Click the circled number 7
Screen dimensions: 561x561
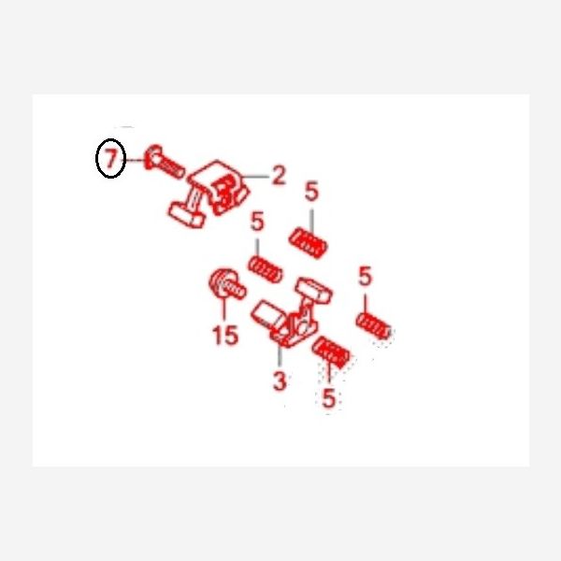click(111, 158)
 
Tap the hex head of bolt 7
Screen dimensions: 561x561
click(152, 157)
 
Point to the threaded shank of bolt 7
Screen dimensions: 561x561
click(172, 167)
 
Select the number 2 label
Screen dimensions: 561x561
click(279, 176)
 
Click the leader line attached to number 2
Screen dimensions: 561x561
click(256, 177)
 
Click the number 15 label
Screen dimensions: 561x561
click(225, 336)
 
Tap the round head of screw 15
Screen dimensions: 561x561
click(221, 282)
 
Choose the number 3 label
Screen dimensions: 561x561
click(280, 381)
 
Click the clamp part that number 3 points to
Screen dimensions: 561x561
click(292, 312)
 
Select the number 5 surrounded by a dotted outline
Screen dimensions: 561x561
click(328, 397)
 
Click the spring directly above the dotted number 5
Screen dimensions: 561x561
click(331, 352)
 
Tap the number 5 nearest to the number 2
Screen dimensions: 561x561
click(311, 192)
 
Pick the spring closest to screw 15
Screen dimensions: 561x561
click(266, 269)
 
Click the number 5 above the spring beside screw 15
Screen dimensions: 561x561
click(257, 221)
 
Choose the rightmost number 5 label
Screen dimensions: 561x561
click(365, 276)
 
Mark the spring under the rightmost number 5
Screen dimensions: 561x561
click(373, 325)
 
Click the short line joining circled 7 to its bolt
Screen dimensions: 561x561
click(135, 160)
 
